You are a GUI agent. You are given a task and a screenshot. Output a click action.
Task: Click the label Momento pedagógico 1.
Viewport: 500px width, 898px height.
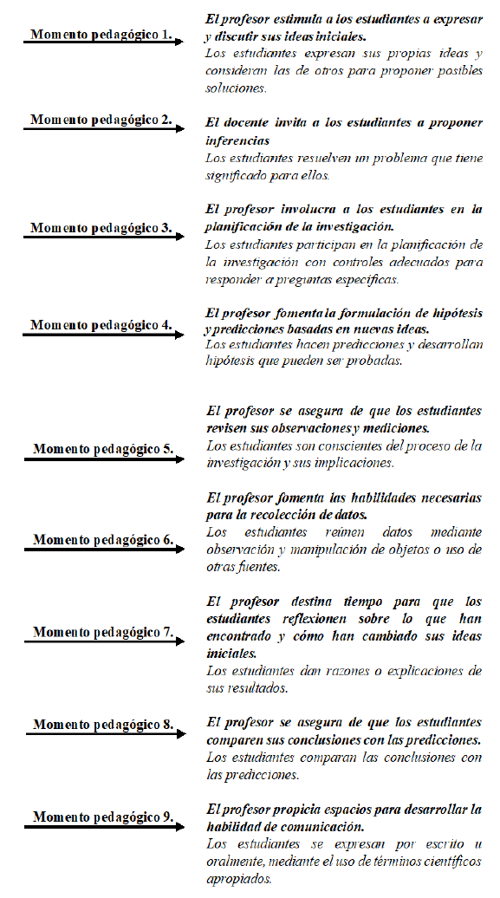pyautogui.click(x=101, y=36)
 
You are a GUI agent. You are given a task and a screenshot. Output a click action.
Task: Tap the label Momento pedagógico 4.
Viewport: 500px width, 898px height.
pyautogui.click(x=101, y=325)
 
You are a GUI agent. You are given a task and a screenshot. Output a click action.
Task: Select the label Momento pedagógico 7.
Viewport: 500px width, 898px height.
pyautogui.click(x=103, y=632)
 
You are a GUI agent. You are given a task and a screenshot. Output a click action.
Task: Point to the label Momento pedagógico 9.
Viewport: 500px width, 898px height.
pyautogui.click(x=103, y=817)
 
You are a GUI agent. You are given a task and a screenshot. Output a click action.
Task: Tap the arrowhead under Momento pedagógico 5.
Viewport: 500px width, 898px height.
pyautogui.click(x=180, y=459)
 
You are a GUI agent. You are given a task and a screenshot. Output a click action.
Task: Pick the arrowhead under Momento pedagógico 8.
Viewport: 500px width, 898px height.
pyautogui.click(x=180, y=733)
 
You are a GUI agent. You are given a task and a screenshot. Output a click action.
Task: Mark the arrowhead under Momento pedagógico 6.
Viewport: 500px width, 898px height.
pyautogui.click(x=180, y=550)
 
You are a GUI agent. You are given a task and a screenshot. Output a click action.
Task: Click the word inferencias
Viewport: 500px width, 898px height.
pyautogui.click(x=237, y=140)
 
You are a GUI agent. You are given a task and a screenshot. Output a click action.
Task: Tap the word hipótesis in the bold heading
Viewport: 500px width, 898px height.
pyautogui.click(x=452, y=313)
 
